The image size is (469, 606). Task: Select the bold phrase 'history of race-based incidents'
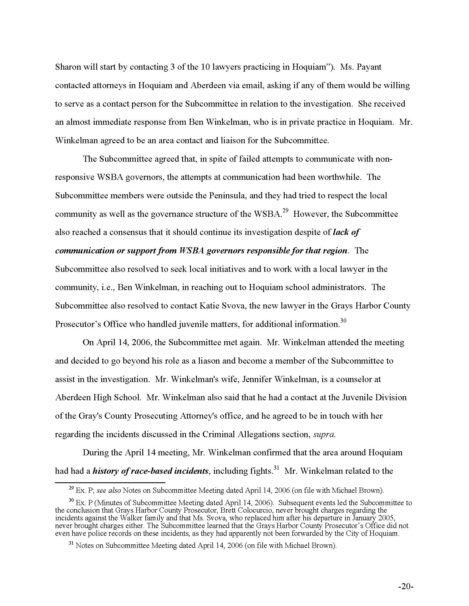click(150, 471)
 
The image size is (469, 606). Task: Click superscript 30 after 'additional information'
click(343, 321)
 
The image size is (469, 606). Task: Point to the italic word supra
click(324, 434)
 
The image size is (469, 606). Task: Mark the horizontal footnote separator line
click(110, 483)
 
